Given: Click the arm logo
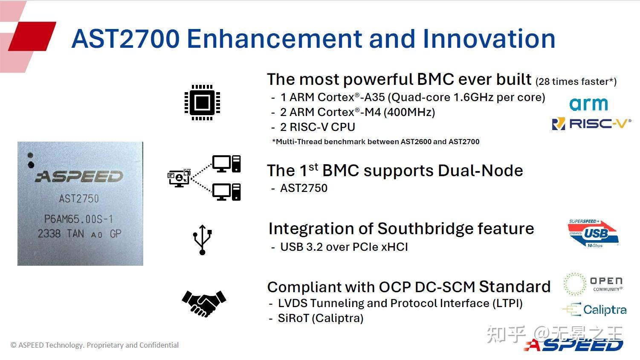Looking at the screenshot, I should pyautogui.click(x=588, y=104).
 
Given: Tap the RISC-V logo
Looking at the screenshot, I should pyautogui.click(x=591, y=124).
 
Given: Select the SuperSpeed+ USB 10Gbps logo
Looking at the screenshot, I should pyautogui.click(x=593, y=233).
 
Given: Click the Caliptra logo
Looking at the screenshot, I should pyautogui.click(x=594, y=310).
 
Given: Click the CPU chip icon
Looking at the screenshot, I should pyautogui.click(x=202, y=102).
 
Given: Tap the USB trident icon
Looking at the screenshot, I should pyautogui.click(x=203, y=240).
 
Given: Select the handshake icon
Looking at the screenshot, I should pyautogui.click(x=204, y=303).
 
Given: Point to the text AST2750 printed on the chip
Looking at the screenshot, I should pyautogui.click(x=79, y=199).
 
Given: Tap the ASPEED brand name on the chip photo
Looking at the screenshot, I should pyautogui.click(x=79, y=176).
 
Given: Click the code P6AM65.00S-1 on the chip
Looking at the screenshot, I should pyautogui.click(x=78, y=219).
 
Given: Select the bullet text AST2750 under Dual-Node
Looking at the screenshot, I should pyautogui.click(x=304, y=188).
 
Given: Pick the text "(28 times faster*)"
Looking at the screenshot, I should pyautogui.click(x=576, y=81).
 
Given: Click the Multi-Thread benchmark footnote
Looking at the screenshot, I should pyautogui.click(x=376, y=142).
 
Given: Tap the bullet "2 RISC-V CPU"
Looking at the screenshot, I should pyautogui.click(x=317, y=127).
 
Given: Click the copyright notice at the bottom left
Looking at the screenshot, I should pyautogui.click(x=95, y=345).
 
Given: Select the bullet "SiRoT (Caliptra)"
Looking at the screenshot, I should pyautogui.click(x=321, y=318).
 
